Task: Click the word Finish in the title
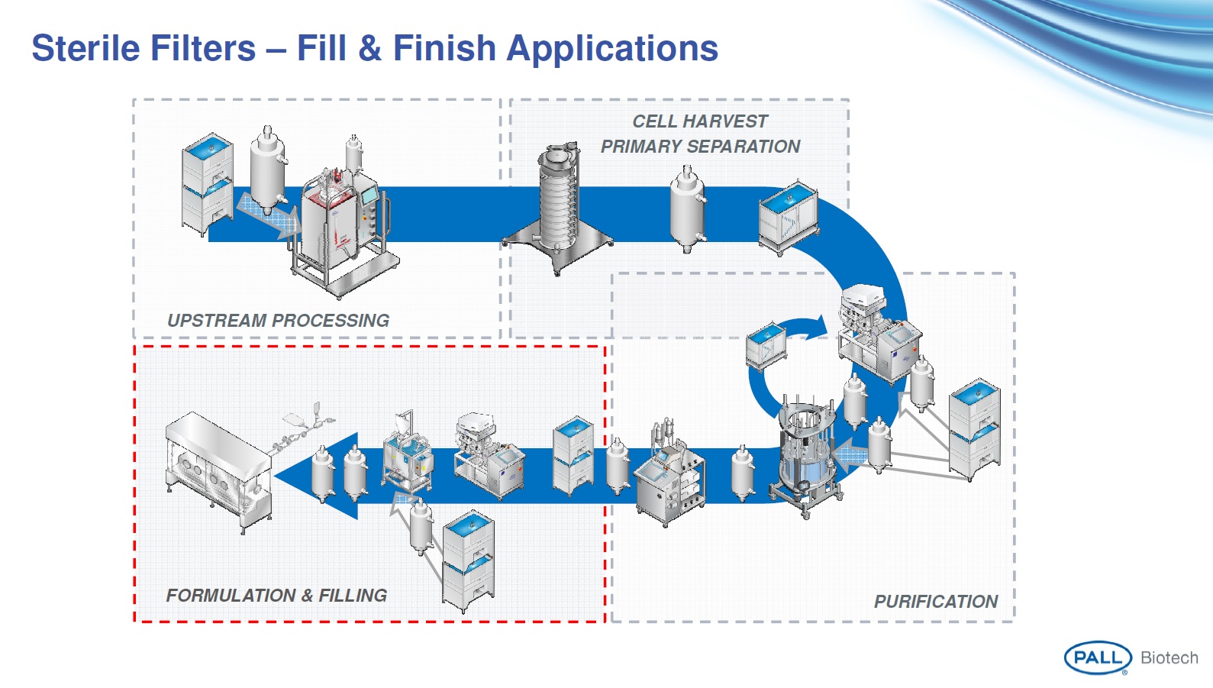444,48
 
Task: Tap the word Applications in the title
612,48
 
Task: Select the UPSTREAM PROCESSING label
278,321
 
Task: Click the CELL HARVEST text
700,121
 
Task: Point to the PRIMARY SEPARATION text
700,147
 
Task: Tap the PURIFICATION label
935,602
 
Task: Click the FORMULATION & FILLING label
276,596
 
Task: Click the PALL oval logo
1097,657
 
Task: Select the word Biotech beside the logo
1169,658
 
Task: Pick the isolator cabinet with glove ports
218,467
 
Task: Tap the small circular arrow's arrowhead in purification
819,327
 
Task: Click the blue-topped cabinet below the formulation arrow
468,561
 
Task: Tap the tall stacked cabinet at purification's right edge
975,429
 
